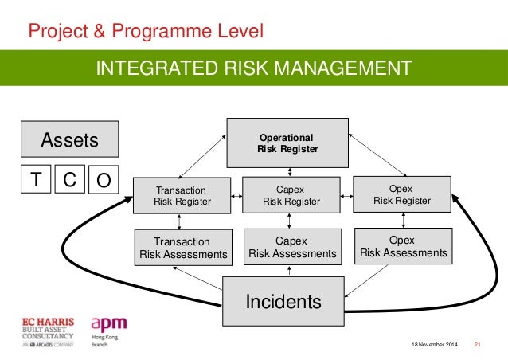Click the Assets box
(x=69, y=141)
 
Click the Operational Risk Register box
(x=287, y=143)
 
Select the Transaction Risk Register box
(x=180, y=196)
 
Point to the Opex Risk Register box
(x=401, y=195)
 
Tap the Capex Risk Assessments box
(x=292, y=247)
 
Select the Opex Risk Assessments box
(x=403, y=246)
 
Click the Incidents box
(x=283, y=301)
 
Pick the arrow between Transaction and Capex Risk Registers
(x=236, y=195)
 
